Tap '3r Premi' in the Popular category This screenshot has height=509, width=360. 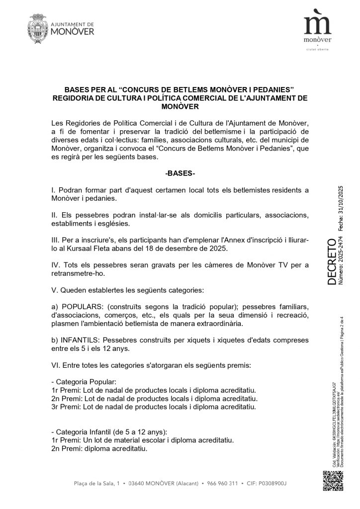(x=66, y=407)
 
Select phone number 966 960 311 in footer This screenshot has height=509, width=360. (x=220, y=483)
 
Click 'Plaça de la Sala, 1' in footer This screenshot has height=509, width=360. (x=96, y=483)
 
